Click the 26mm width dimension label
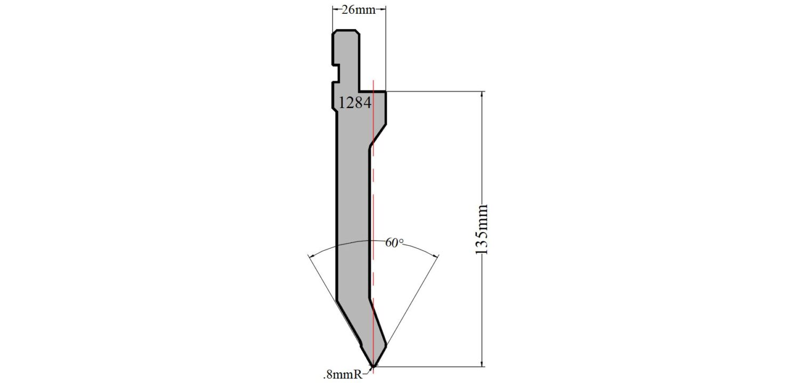(x=358, y=10)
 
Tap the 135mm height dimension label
(x=482, y=230)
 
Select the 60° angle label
(x=395, y=243)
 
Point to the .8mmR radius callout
(x=343, y=374)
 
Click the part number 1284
(x=355, y=103)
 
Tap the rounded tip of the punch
(x=373, y=365)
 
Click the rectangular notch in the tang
(x=336, y=74)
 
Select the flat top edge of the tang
(x=346, y=30)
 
